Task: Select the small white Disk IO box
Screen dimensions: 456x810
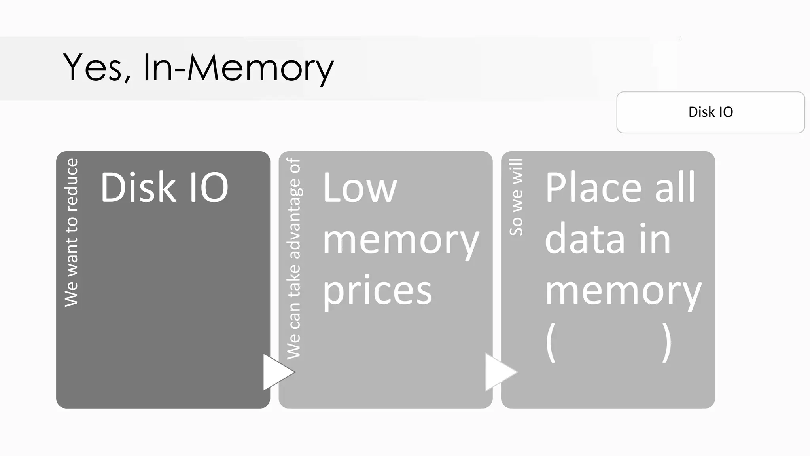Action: tap(710, 112)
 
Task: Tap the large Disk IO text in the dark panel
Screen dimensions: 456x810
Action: tap(164, 187)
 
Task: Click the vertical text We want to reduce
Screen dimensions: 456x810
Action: tap(72, 232)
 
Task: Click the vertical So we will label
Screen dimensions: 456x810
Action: tap(516, 197)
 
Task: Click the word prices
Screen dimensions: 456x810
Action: tap(377, 291)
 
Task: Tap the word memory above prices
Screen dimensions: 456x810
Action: tap(401, 240)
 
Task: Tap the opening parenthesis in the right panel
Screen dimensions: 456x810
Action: tap(551, 342)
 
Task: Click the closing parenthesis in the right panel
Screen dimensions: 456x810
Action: tap(667, 342)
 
